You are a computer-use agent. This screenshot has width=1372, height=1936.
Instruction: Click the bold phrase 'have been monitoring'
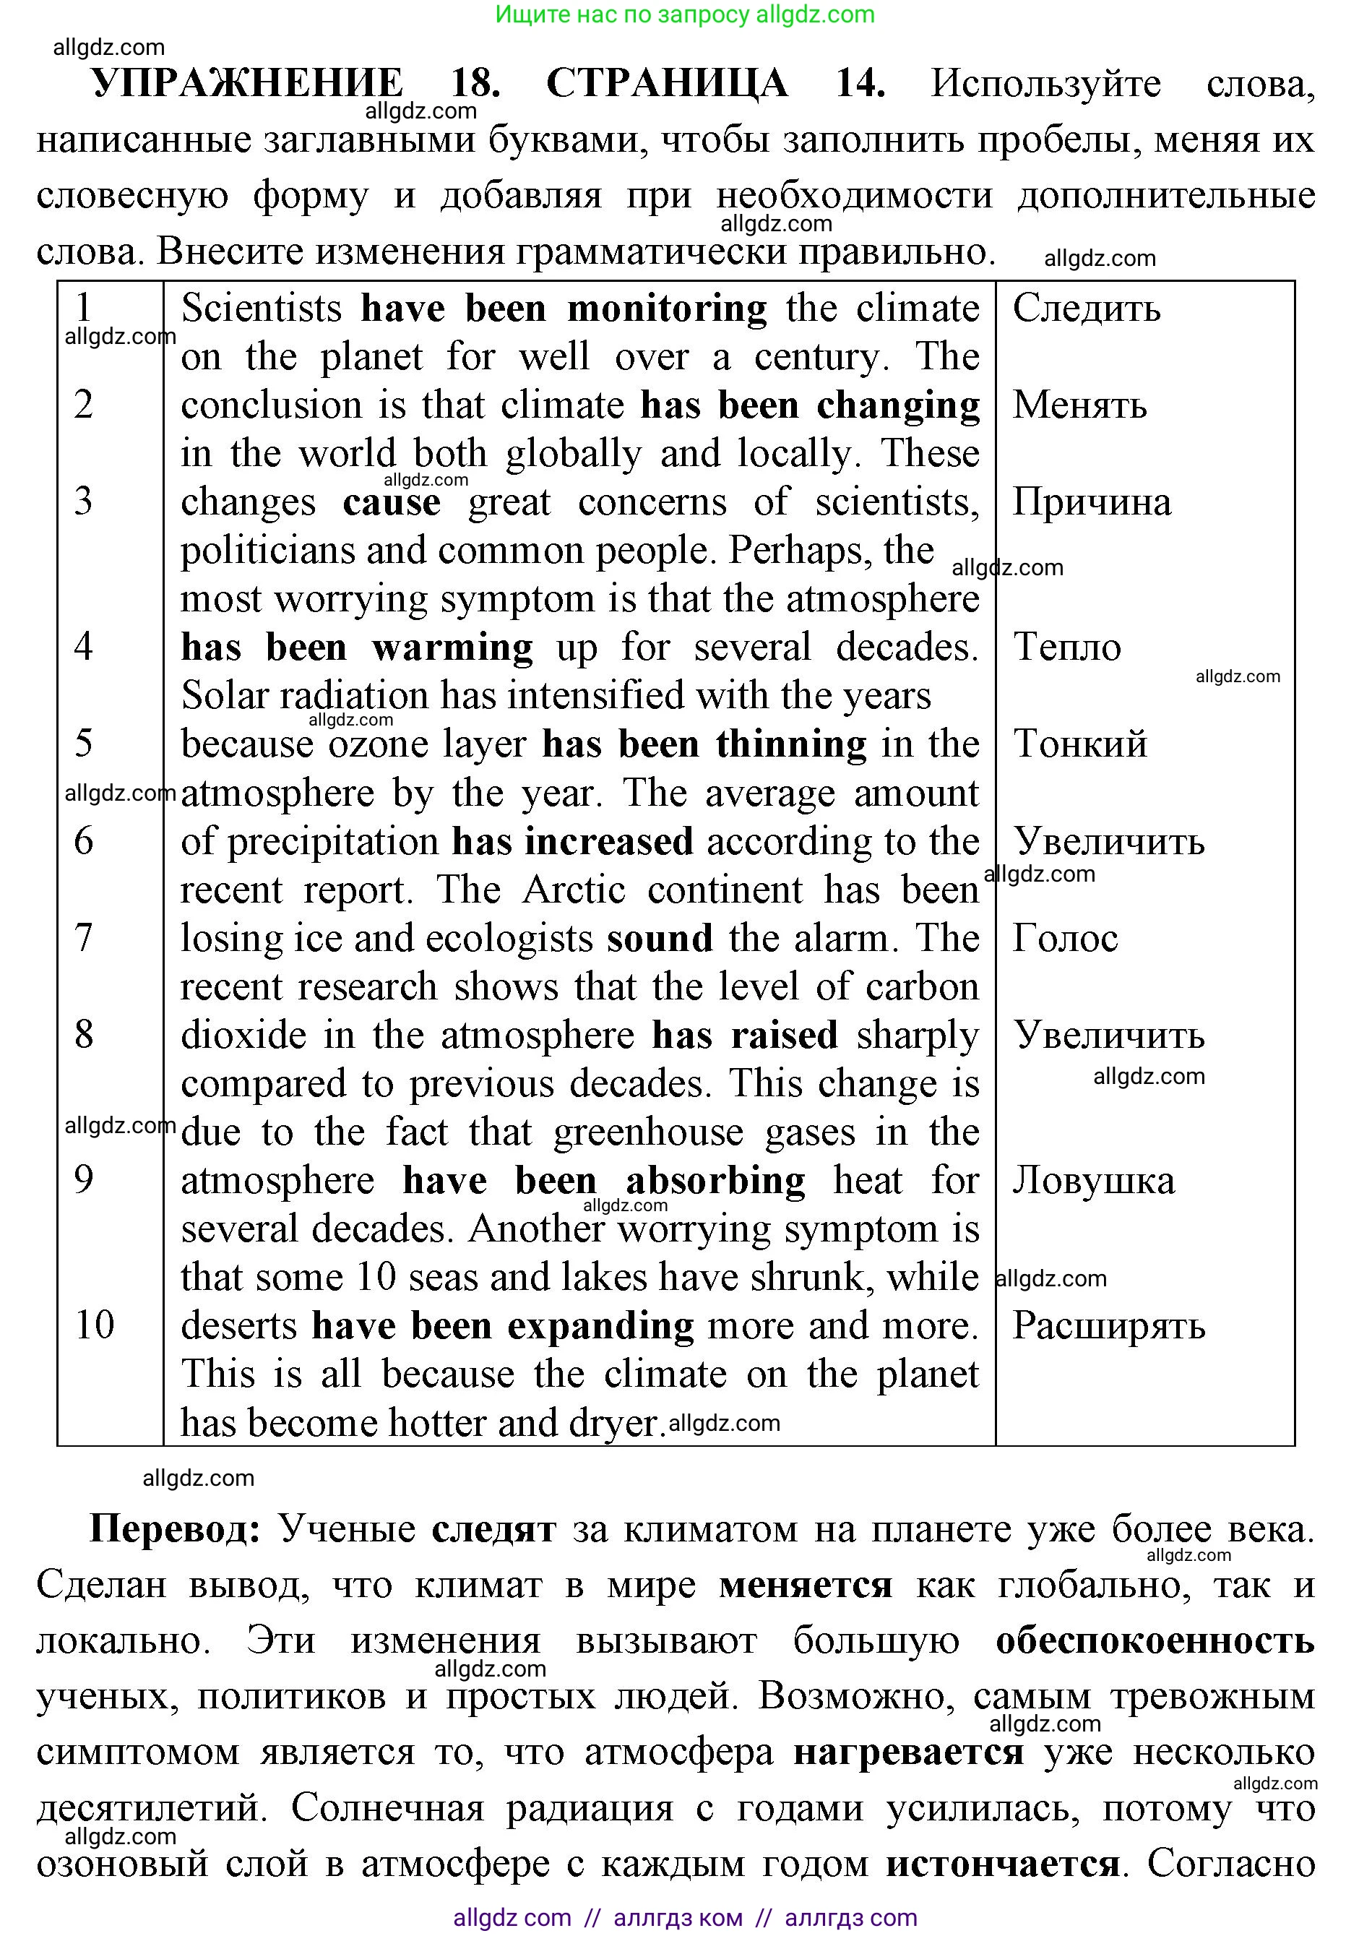point(564,309)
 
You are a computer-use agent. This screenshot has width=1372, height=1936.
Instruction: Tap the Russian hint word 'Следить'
point(1087,309)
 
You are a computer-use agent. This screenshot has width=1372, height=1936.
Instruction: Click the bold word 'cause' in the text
point(391,503)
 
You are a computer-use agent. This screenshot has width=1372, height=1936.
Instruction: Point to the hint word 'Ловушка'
point(1093,1181)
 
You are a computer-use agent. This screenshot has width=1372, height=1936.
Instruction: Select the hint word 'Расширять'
point(1108,1325)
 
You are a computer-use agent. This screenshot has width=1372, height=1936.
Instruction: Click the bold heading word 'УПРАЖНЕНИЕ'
point(248,84)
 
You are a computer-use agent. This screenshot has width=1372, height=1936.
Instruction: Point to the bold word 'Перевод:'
point(175,1528)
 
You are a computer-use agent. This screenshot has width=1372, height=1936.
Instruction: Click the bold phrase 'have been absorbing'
point(603,1181)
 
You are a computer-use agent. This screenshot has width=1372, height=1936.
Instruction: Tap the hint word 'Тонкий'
point(1079,744)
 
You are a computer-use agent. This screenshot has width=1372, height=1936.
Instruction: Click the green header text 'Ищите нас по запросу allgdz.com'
point(684,14)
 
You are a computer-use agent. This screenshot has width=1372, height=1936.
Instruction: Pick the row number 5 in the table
point(84,744)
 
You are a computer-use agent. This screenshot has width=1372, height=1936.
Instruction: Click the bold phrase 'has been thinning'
point(704,744)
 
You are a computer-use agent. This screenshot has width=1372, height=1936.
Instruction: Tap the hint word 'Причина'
point(1092,503)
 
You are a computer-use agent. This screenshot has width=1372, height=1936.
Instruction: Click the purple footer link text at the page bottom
point(684,1917)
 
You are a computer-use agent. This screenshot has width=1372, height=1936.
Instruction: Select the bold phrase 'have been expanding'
point(503,1325)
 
